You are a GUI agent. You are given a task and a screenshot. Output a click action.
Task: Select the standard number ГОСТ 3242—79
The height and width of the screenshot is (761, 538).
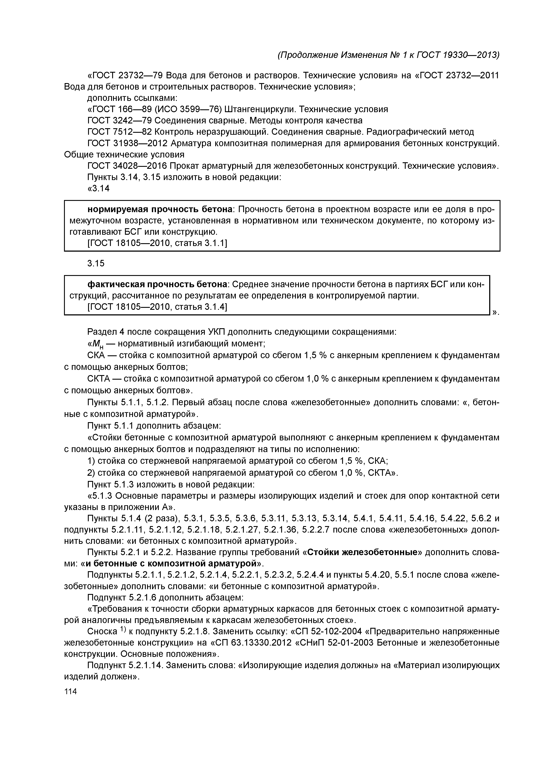(x=120, y=120)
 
